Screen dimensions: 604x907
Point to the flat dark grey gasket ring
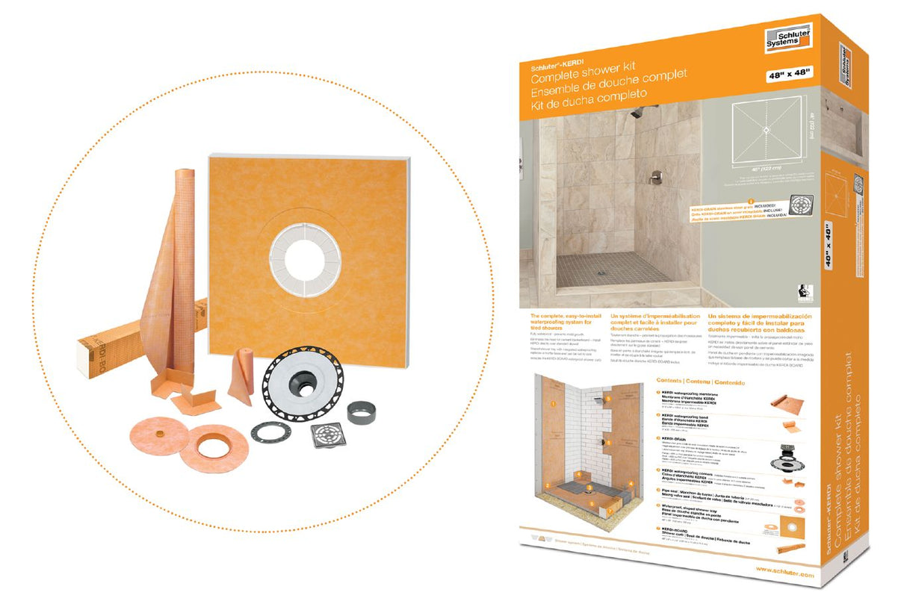(x=272, y=433)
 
